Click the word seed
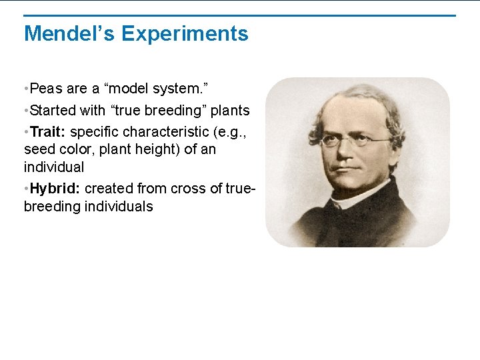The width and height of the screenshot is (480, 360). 39,149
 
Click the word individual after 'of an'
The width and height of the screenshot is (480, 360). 54,167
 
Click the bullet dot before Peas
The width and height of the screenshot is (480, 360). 25,89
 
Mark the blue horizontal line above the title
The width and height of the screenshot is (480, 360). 240,15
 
